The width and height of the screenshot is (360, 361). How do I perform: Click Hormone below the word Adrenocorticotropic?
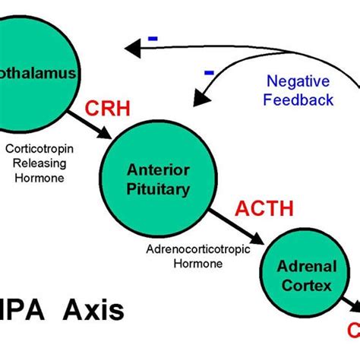(x=197, y=264)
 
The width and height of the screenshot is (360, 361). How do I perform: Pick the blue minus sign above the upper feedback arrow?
(x=153, y=36)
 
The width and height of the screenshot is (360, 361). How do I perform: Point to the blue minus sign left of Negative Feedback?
(x=209, y=72)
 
